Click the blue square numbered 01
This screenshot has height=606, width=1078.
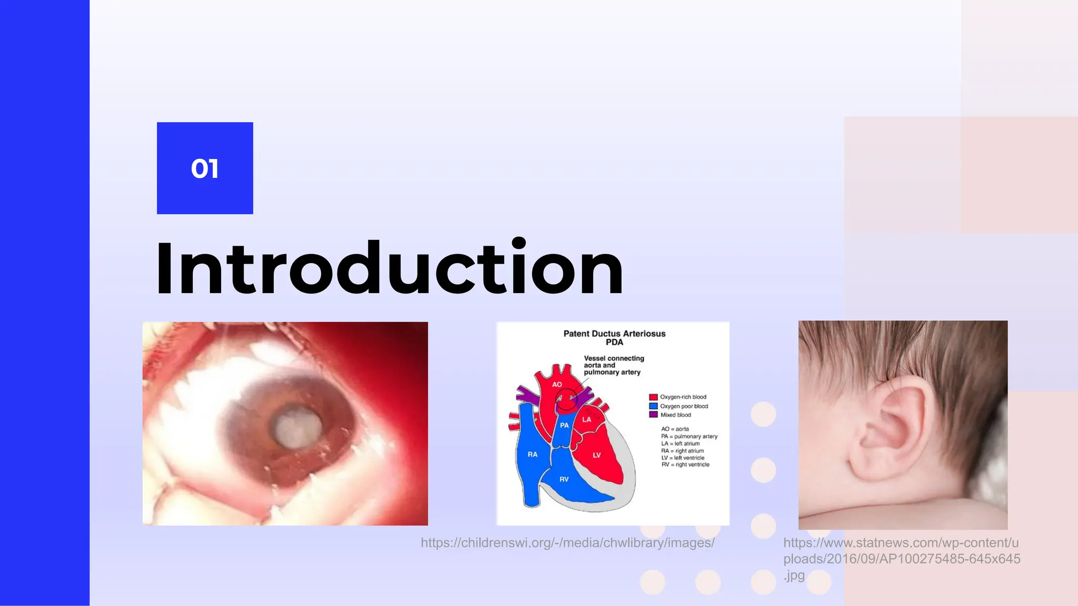205,168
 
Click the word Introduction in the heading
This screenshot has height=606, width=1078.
390,269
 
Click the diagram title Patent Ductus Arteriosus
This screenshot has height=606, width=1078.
614,334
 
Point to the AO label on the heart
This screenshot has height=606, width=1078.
557,385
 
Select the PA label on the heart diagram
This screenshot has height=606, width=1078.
564,425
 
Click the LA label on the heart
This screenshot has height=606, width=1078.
586,419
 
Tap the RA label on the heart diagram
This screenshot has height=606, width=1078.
533,454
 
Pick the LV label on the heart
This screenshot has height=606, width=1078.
596,455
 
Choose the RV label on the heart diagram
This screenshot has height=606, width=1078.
564,479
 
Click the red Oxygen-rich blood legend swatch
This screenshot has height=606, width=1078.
653,397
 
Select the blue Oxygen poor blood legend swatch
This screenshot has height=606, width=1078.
653,406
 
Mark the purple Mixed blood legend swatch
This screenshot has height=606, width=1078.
653,415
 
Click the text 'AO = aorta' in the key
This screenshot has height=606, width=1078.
675,429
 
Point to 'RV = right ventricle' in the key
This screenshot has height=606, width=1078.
685,464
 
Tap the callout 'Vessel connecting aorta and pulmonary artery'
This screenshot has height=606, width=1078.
613,365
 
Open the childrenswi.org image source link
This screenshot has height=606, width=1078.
567,543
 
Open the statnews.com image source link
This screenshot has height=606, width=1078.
901,558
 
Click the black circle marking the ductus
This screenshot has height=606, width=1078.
567,399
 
